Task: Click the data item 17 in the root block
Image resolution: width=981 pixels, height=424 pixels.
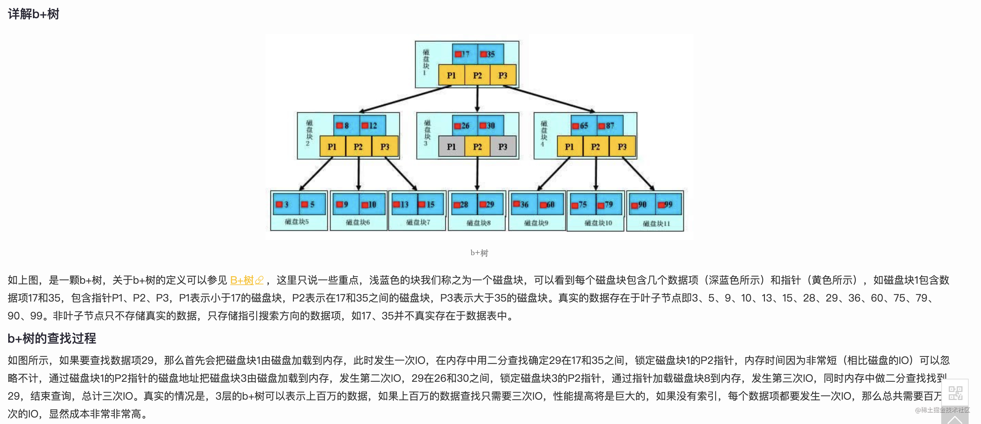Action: click(464, 54)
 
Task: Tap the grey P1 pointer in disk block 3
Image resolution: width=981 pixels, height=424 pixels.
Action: click(451, 147)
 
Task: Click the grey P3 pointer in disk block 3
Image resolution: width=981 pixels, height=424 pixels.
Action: click(503, 147)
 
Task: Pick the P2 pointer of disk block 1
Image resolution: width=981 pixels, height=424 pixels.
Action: click(477, 75)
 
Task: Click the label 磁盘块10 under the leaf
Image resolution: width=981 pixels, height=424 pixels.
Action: click(598, 223)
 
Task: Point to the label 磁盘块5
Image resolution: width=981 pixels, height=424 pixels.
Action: click(297, 222)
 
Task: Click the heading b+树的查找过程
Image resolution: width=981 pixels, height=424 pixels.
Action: click(52, 338)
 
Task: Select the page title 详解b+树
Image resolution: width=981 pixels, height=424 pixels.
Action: click(34, 14)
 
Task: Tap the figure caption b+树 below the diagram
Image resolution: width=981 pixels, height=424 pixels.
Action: click(479, 253)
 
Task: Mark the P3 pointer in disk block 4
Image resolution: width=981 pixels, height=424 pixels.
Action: click(622, 147)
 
